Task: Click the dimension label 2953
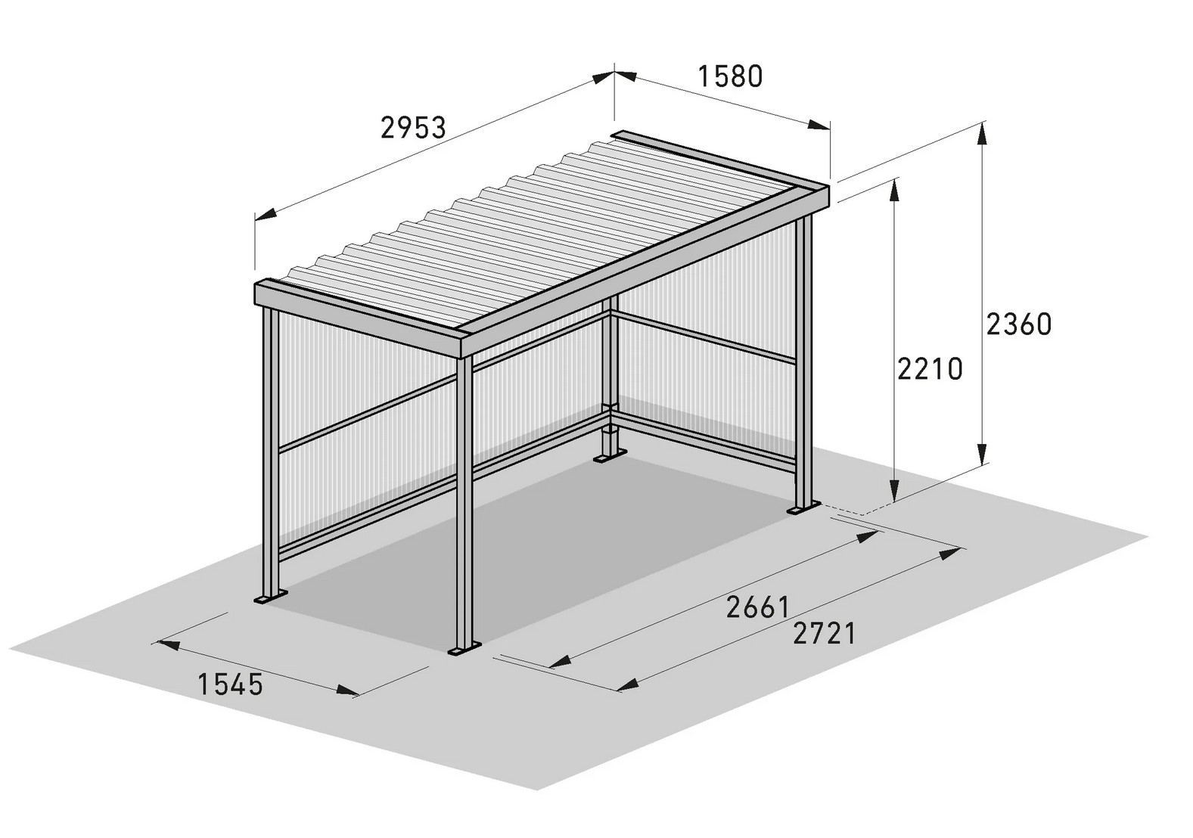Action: [413, 128]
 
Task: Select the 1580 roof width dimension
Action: [730, 76]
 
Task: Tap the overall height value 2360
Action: [1019, 324]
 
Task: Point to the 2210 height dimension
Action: [930, 369]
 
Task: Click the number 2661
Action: [757, 607]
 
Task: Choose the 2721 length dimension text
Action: [825, 633]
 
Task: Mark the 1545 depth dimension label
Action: [230, 684]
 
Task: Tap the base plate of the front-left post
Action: [271, 597]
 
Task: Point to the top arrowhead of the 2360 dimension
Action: [983, 136]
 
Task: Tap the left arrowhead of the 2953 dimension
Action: [266, 214]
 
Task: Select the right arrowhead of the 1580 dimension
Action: [819, 126]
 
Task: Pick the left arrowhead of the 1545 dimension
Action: [168, 645]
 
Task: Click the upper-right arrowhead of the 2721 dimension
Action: [950, 554]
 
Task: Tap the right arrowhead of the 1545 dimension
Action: [349, 691]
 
